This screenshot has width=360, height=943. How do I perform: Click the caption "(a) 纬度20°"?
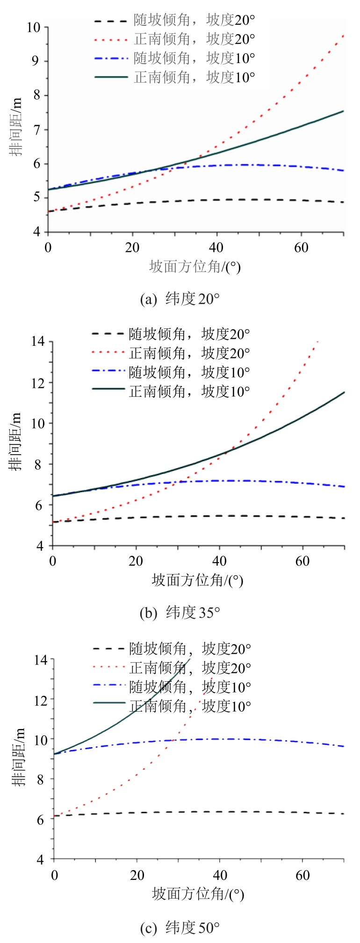point(180,299)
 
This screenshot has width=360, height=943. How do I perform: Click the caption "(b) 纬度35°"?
point(180,613)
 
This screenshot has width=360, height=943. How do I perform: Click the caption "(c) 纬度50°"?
point(180,928)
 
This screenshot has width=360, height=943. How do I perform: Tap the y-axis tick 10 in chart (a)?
point(34,28)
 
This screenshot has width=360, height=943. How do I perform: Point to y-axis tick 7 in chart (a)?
point(38,130)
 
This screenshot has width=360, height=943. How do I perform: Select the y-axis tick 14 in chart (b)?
point(38,342)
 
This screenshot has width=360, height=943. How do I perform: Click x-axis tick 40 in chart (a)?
point(216,247)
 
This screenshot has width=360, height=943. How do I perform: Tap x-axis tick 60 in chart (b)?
point(302,561)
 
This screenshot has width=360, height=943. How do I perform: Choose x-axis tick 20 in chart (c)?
point(137,875)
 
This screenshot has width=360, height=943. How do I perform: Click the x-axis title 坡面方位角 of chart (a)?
point(194,267)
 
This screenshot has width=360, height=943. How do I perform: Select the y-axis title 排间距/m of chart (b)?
point(17,444)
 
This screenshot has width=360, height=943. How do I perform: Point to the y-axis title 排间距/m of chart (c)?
point(19,758)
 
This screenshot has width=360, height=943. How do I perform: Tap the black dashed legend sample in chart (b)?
point(108,334)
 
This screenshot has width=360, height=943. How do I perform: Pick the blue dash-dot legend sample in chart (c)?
point(109,687)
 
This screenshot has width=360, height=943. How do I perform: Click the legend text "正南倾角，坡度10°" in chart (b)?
point(189,392)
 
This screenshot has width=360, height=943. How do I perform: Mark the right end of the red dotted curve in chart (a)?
point(344,35)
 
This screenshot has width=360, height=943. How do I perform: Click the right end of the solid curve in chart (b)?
point(345,392)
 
